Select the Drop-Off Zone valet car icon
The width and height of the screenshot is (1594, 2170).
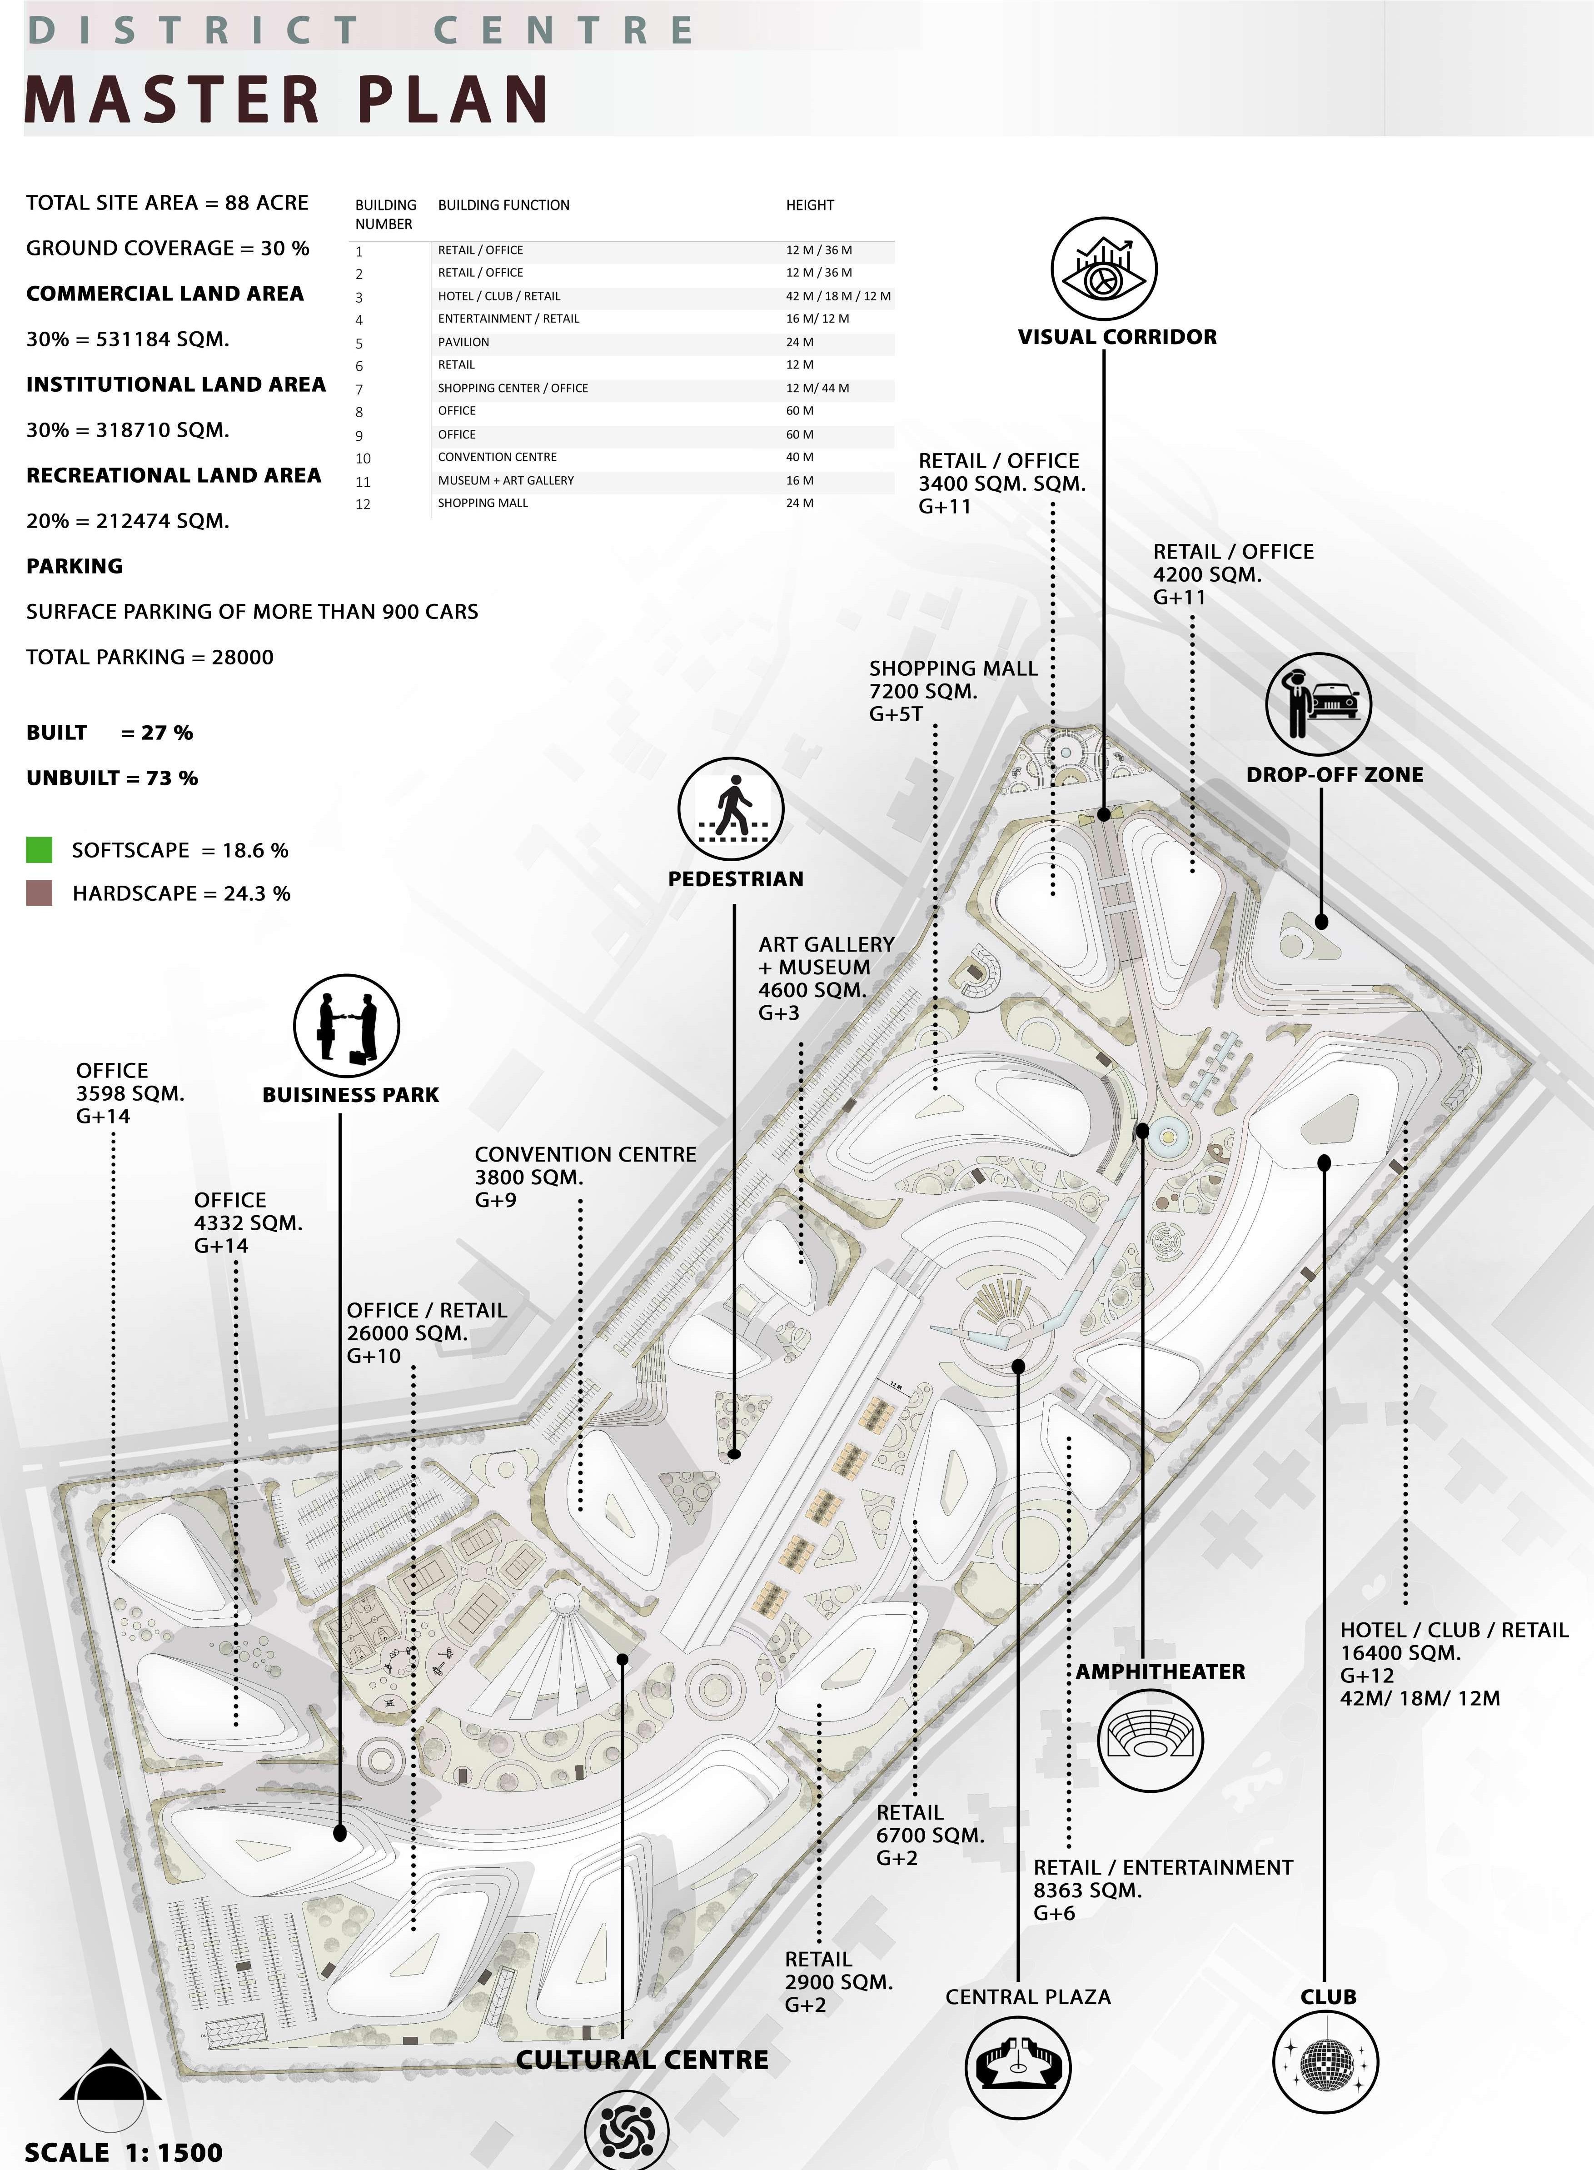coord(1318,703)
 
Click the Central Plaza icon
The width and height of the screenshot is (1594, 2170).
coord(1018,2065)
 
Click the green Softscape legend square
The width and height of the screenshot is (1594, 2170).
coord(40,850)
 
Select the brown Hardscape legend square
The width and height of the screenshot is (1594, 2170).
coord(40,893)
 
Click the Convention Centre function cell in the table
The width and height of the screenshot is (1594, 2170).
coord(497,457)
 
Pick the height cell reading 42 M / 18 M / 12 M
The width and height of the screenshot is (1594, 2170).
coord(837,296)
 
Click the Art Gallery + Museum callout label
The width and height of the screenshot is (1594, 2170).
coord(826,978)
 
